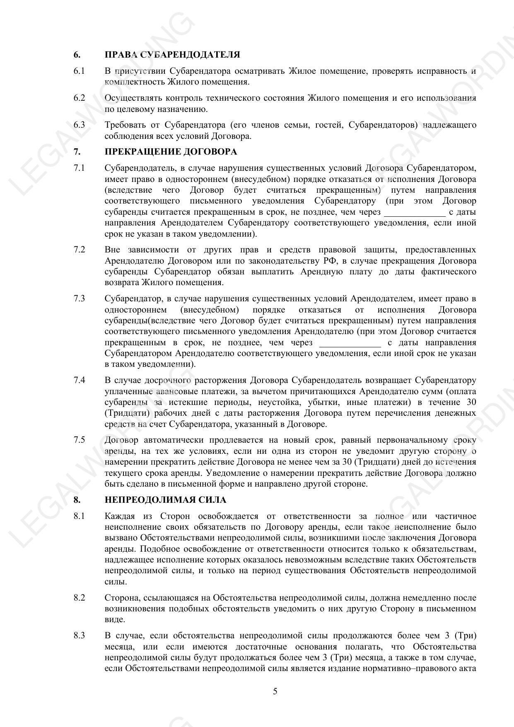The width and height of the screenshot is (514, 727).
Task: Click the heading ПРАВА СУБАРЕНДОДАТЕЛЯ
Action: coord(172,55)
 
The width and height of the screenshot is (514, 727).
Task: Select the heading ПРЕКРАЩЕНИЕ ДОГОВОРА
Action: coord(171,152)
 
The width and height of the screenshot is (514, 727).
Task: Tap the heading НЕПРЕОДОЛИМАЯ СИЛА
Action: coord(165,500)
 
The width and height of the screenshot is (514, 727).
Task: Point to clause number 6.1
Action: coord(79,71)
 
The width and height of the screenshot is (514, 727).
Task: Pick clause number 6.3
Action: coord(79,125)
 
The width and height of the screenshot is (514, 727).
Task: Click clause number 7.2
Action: coord(79,250)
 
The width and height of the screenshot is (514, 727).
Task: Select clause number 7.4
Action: coord(79,380)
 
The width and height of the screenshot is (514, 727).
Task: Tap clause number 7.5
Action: coord(79,440)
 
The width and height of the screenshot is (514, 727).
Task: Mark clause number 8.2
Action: coord(79,598)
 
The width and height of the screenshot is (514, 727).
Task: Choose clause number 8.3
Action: coord(79,635)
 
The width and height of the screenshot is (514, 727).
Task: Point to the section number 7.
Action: coord(77,152)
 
